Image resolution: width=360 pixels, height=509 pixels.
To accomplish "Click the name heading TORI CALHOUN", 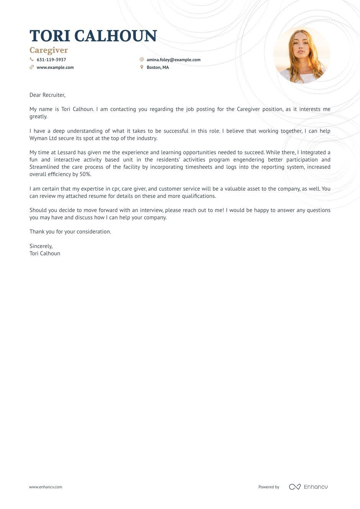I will pyautogui.click(x=93, y=36).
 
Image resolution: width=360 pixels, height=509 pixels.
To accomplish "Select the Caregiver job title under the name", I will pyautogui.click(x=49, y=50).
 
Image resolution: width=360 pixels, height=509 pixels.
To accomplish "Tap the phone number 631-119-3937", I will pyautogui.click(x=51, y=60).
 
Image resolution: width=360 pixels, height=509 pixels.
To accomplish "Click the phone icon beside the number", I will pyautogui.click(x=32, y=59).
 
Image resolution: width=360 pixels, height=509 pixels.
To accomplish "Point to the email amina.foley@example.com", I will pyautogui.click(x=173, y=60).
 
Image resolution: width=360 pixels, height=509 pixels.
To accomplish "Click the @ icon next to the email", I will pyautogui.click(x=142, y=59).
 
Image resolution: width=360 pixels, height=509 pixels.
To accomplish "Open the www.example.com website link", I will pyautogui.click(x=55, y=67).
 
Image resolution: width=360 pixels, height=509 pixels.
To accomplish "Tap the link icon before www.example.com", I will pyautogui.click(x=32, y=67).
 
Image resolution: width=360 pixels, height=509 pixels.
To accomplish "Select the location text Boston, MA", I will pyautogui.click(x=157, y=67).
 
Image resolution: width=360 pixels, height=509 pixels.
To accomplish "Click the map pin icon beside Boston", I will pyautogui.click(x=142, y=67).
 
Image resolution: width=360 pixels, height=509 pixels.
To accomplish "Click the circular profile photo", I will pyautogui.click(x=302, y=55).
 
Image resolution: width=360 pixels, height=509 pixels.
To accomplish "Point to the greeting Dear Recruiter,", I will pyautogui.click(x=47, y=95).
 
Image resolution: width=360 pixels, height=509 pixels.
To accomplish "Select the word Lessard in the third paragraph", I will pyautogui.click(x=66, y=152).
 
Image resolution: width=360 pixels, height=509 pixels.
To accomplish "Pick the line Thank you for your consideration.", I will pyautogui.click(x=70, y=232).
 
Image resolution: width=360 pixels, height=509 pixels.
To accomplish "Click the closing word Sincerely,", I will pyautogui.click(x=41, y=246).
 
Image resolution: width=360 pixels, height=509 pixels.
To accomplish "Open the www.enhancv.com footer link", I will pyautogui.click(x=46, y=487).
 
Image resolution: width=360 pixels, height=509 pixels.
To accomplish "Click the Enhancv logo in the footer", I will pyautogui.click(x=308, y=487).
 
